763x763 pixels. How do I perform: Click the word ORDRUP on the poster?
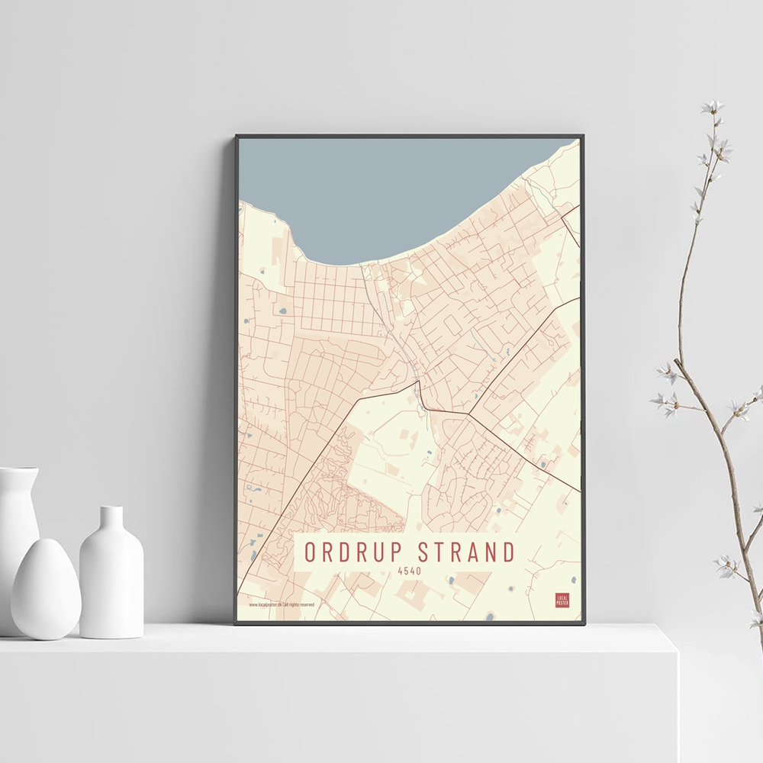pos(351,552)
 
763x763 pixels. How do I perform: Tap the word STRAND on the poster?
pos(466,552)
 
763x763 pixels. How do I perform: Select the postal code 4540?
pos(410,571)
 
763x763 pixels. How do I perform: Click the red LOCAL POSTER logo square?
pos(562,600)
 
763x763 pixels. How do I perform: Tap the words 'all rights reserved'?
pos(299,604)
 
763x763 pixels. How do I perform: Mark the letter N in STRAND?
pos(491,552)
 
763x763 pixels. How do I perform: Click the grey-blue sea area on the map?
pos(381,191)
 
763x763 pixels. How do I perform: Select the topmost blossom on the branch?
pos(713,106)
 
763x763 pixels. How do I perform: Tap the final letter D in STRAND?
pos(508,552)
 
